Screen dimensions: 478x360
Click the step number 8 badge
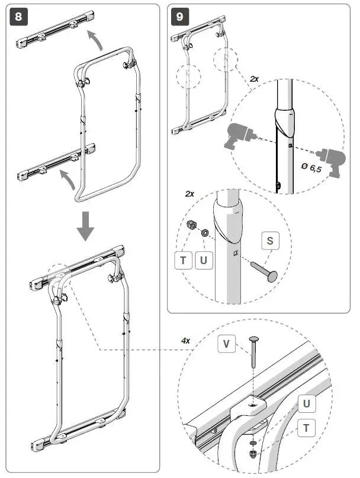pyautogui.click(x=18, y=17)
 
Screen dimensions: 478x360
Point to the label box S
pyautogui.click(x=270, y=240)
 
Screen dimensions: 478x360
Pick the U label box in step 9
pyautogui.click(x=204, y=260)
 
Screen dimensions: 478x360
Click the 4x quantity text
pyautogui.click(x=186, y=341)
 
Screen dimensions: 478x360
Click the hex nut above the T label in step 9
pyautogui.click(x=192, y=226)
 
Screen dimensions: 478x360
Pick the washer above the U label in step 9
pyautogui.click(x=204, y=233)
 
